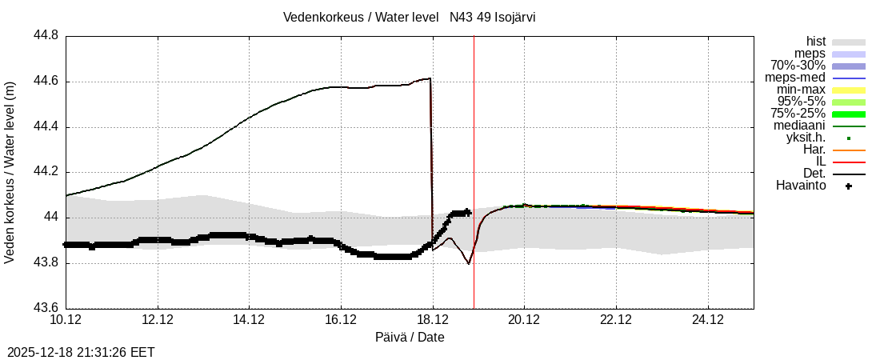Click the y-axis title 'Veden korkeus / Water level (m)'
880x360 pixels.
click(x=10, y=172)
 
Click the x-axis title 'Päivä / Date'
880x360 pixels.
click(x=410, y=338)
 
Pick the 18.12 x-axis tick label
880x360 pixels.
click(x=432, y=320)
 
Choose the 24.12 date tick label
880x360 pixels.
click(x=707, y=320)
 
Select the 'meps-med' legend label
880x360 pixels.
click(x=795, y=78)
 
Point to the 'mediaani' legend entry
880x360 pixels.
click(x=799, y=126)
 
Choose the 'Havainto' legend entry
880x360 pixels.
click(x=801, y=186)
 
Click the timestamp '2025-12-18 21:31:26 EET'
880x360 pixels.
click(x=81, y=352)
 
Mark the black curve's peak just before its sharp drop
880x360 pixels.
click(x=430, y=78)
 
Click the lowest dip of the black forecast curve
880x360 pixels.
click(x=469, y=263)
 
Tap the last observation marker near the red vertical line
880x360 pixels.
click(x=467, y=212)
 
